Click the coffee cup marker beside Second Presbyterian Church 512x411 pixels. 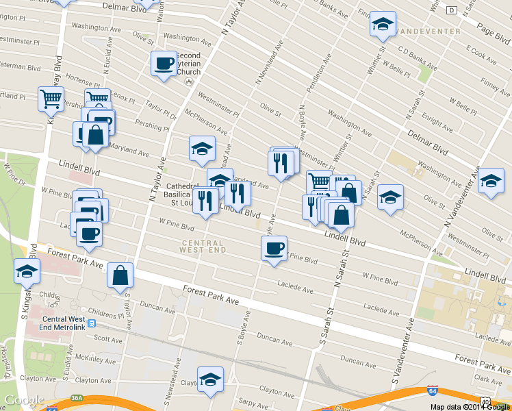(164, 64)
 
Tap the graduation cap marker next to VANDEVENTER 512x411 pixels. (383, 25)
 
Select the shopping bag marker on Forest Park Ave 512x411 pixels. (120, 275)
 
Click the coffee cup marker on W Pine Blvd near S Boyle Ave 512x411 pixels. (274, 248)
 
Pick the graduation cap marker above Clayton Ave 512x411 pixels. (210, 379)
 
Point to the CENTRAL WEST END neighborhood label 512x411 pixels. (203, 247)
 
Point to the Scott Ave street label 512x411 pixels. (107, 338)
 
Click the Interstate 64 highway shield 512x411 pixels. (432, 390)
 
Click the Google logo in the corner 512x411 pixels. (24, 400)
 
